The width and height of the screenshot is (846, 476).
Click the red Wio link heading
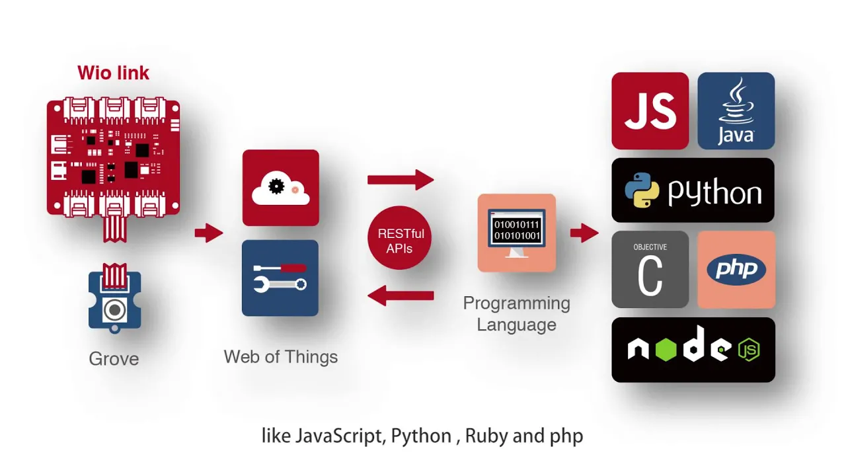(113, 72)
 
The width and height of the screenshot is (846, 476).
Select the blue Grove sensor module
(115, 301)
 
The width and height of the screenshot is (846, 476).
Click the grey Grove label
(114, 359)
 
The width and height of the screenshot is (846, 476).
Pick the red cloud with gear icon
(280, 188)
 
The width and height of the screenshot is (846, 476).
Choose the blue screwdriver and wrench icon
(280, 278)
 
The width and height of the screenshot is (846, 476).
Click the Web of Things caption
(280, 357)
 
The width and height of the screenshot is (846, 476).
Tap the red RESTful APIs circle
(401, 241)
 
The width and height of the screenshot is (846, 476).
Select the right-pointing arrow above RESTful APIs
(401, 179)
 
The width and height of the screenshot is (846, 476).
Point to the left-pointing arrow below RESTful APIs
(401, 296)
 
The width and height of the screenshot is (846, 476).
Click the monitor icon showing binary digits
(517, 232)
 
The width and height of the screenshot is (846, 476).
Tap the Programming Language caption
(517, 314)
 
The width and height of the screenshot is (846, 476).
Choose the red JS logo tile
(650, 110)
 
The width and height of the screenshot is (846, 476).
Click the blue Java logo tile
(736, 110)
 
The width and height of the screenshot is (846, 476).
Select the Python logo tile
(693, 190)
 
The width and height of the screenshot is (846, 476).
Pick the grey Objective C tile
(650, 269)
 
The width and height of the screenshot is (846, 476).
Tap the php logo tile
(736, 269)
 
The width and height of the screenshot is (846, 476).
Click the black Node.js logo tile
(693, 350)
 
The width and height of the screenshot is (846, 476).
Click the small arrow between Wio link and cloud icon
(209, 233)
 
